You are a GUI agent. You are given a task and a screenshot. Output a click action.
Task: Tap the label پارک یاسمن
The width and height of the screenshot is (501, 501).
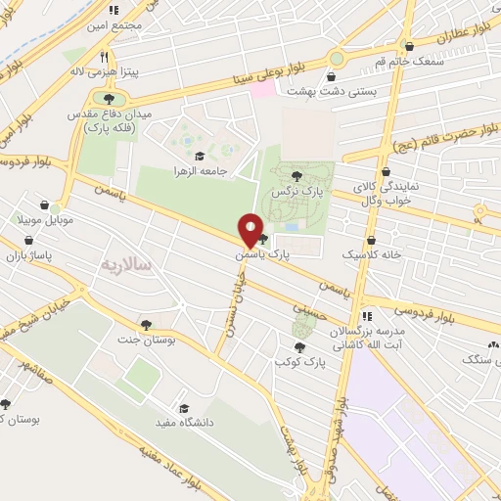pyautogui.click(x=263, y=254)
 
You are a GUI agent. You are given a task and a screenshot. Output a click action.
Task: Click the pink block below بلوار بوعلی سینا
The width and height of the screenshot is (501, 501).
pyautogui.click(x=262, y=89)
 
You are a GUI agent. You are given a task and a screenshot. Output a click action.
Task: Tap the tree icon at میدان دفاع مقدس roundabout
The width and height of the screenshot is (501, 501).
pyautogui.click(x=109, y=99)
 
